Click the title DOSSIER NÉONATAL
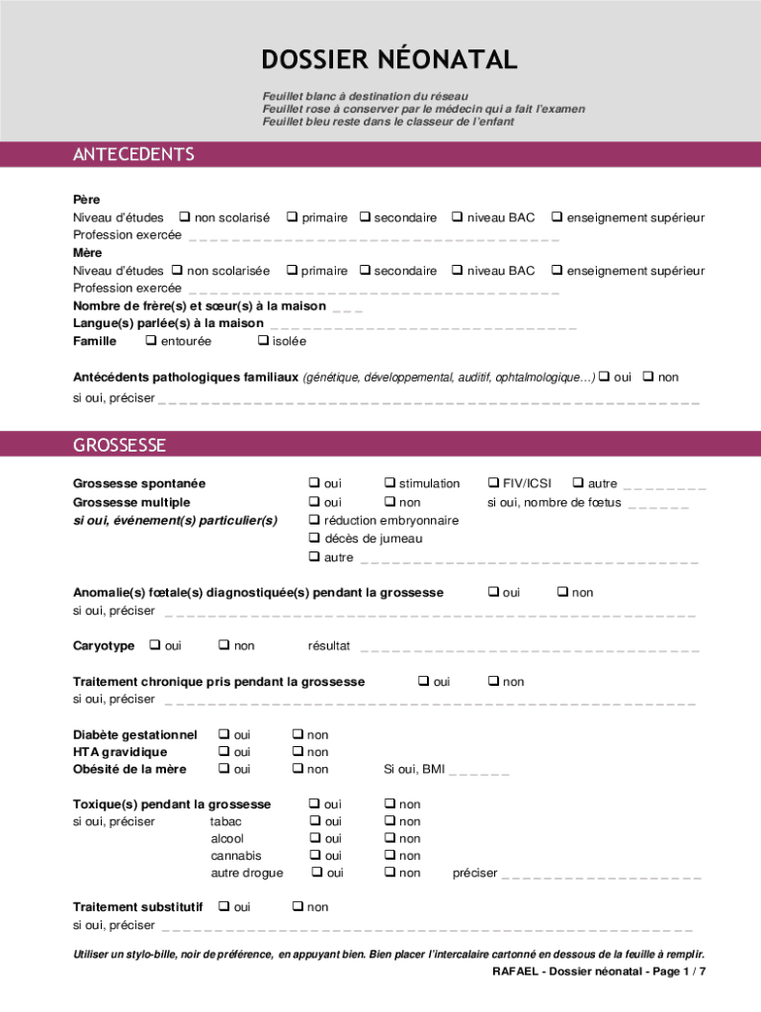coord(388,60)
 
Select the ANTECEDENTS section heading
coord(133,154)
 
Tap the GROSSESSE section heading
coord(120,445)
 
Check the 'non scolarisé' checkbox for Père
coord(185,217)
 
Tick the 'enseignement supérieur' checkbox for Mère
coord(557,271)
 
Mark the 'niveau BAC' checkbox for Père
coord(458,217)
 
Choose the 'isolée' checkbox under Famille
coord(263,341)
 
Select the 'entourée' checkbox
coord(151,341)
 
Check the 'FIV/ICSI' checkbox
coord(493,483)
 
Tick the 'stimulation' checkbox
coord(389,483)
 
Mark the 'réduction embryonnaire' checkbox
coord(314,520)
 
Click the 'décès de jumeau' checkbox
coord(314,539)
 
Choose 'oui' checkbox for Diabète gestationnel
coord(224,734)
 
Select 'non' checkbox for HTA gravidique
coord(297,752)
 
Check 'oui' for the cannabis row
coord(315,855)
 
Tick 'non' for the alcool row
coord(389,838)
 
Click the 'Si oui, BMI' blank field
coord(479,770)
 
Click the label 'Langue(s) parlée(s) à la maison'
coord(168,323)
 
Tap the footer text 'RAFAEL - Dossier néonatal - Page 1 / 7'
coord(599,971)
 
